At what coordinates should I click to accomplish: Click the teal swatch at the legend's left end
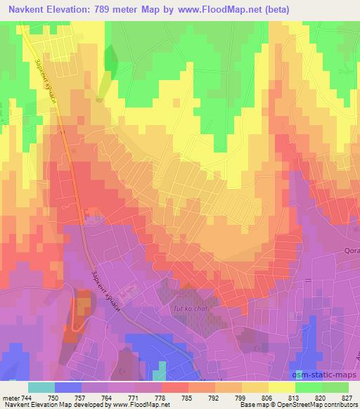pyautogui.click(x=41, y=387)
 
